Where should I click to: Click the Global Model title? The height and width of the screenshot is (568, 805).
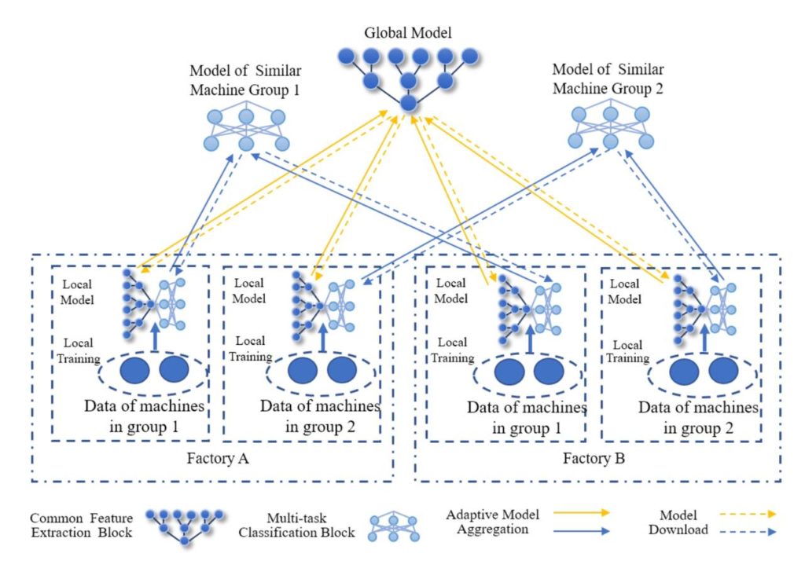coord(408,33)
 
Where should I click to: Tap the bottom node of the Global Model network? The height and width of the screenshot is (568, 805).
coord(408,103)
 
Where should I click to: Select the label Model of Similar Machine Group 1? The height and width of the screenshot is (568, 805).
coord(245,80)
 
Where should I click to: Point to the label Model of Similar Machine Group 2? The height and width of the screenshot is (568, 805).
coord(608,79)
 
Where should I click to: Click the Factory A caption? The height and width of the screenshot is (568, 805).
coord(218,458)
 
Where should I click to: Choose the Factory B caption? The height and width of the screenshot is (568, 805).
coord(594,458)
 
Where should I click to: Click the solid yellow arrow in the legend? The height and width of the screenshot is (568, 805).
coord(581,512)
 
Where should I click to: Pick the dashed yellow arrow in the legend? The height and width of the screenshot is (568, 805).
coord(748,514)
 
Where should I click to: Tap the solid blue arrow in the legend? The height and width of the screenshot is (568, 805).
coord(581,531)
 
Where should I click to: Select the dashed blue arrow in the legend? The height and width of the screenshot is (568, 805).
coord(748,532)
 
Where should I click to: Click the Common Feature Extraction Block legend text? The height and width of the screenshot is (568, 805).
coord(81,525)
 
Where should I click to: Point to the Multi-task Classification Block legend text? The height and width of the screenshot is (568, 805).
coord(296,525)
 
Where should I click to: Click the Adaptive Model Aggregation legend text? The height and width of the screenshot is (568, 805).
coord(492,522)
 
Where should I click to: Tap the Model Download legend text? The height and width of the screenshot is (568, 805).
coord(678,522)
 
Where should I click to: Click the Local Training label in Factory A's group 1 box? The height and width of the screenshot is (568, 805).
coord(78,350)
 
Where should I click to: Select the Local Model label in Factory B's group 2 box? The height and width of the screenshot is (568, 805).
coord(624,291)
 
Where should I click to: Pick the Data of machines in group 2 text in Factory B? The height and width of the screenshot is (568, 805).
coord(698,418)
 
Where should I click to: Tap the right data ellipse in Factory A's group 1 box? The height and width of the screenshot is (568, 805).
coord(174,369)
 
